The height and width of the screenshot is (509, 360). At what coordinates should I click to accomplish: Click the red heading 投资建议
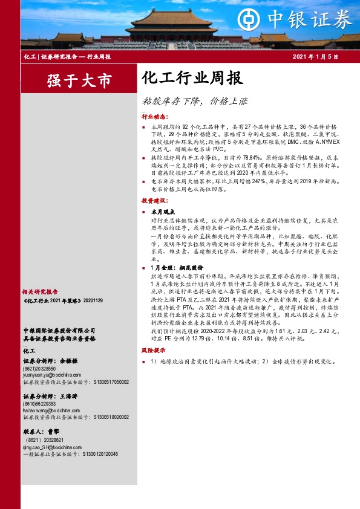pyautogui.click(x=155, y=199)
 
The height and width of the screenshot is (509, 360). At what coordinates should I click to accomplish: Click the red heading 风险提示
pyautogui.click(x=155, y=350)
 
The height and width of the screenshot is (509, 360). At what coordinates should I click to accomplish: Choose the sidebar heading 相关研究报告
pyautogui.click(x=41, y=291)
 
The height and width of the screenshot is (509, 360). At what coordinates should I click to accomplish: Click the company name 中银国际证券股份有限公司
pyautogui.click(x=59, y=331)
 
